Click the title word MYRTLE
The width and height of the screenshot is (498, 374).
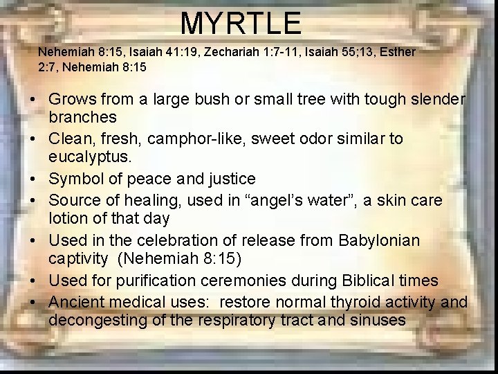(x=241, y=23)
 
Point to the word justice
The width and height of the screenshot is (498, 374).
(x=231, y=179)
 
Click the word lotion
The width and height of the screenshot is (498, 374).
(x=69, y=218)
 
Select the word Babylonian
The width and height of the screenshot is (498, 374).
(x=379, y=240)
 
